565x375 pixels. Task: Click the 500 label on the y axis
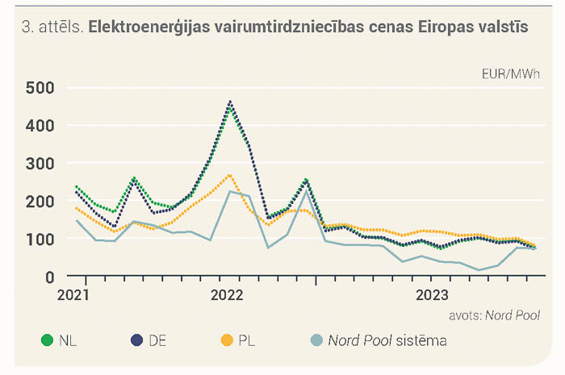40,88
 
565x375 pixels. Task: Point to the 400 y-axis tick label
40,126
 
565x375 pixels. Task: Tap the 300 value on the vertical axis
40,164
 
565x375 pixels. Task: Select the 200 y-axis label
40,202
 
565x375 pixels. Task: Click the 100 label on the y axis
40,240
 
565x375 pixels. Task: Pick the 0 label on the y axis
50,278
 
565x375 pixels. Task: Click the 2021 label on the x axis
73,295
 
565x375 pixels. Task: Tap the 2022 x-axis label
227,295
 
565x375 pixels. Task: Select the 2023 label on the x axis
433,295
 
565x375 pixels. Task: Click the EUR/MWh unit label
511,74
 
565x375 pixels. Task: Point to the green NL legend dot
47,340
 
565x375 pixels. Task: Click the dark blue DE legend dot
137,340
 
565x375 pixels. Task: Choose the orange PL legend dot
227,340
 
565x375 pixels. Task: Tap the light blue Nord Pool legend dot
316,340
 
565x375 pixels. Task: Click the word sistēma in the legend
421,340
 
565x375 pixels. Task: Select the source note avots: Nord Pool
494,315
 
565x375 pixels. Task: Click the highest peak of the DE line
230,102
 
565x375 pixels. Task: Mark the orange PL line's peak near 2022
230,176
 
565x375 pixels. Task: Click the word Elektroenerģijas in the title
149,27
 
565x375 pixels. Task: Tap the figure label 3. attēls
52,27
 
